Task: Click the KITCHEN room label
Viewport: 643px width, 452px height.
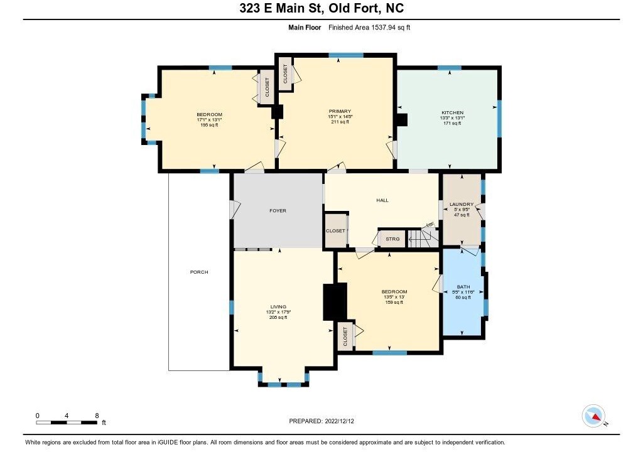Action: pyautogui.click(x=452, y=113)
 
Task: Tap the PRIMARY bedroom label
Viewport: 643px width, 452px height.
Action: pyautogui.click(x=340, y=111)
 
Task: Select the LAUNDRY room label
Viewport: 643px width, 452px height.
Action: pyautogui.click(x=462, y=204)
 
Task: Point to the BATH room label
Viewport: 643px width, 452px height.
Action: pyautogui.click(x=463, y=287)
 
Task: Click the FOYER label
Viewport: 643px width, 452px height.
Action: pyautogui.click(x=278, y=211)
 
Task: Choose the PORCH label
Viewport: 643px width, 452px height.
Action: pyautogui.click(x=199, y=272)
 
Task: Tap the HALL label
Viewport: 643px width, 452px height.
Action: pyautogui.click(x=382, y=200)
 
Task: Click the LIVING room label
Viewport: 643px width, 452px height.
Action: pyautogui.click(x=278, y=307)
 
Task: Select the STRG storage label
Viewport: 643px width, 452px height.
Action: pyautogui.click(x=392, y=239)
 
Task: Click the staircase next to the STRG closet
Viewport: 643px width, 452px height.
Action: pyautogui.click(x=423, y=239)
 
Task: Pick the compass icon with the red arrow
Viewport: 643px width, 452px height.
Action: pyautogui.click(x=593, y=416)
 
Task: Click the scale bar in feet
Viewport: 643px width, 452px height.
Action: pyautogui.click(x=67, y=422)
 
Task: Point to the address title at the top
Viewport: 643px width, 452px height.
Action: pyautogui.click(x=321, y=8)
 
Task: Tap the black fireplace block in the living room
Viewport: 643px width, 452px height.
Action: pyautogui.click(x=335, y=302)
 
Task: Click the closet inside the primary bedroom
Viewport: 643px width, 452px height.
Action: pyautogui.click(x=286, y=74)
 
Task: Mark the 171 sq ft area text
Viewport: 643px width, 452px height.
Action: pyautogui.click(x=452, y=124)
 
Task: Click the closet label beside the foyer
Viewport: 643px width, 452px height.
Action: pyautogui.click(x=335, y=231)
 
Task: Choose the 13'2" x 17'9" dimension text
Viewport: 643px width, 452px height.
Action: pyautogui.click(x=278, y=312)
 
